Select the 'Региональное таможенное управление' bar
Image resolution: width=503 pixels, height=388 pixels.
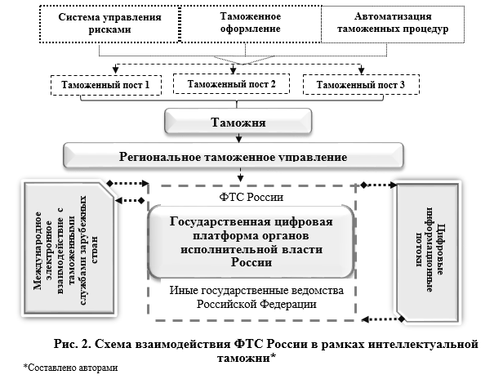click(236, 156)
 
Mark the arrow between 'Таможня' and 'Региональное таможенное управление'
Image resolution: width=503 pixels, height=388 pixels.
click(237, 138)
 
